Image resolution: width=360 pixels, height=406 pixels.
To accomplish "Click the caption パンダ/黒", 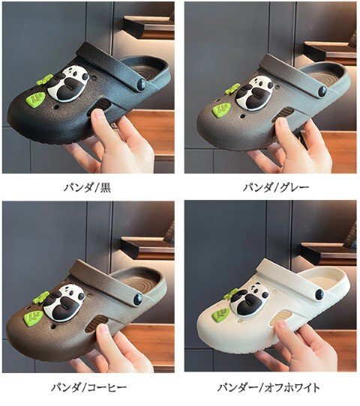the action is click(87, 187).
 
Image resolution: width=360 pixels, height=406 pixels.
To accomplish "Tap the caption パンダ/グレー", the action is click(276, 187).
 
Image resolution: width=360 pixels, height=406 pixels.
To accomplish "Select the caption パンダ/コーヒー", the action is click(88, 387).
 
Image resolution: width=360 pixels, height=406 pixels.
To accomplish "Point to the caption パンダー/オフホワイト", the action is click(268, 387).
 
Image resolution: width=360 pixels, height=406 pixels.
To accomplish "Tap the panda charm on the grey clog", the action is click(254, 92).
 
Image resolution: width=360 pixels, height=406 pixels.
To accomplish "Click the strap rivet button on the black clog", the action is click(142, 84).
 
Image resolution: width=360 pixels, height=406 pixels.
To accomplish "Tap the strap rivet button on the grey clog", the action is click(323, 92).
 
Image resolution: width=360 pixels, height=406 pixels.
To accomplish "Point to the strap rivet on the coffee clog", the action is click(138, 299).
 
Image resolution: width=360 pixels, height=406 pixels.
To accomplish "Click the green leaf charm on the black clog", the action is click(36, 100).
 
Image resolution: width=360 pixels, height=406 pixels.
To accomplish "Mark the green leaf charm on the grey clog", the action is click(221, 109).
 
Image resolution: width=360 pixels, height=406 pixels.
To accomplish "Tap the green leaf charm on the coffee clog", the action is click(34, 317).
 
